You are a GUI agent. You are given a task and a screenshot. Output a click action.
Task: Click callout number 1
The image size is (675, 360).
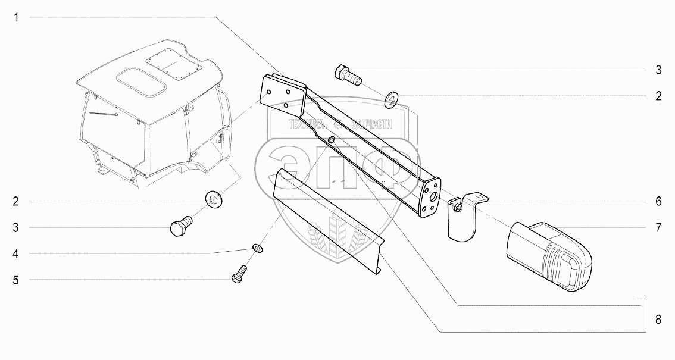point(17,18)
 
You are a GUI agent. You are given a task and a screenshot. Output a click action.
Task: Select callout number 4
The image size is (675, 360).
point(17,253)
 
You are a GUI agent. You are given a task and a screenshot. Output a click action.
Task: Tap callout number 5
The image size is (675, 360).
point(17,279)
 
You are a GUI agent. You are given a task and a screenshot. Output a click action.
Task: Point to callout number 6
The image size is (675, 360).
point(658,201)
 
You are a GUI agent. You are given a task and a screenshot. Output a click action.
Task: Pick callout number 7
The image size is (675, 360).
point(658,227)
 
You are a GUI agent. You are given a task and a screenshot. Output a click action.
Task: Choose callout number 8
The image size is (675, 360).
point(658,320)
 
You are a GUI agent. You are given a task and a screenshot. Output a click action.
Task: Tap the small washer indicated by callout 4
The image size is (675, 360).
point(257,248)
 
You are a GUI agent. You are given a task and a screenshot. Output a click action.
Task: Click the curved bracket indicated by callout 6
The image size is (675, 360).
point(464,217)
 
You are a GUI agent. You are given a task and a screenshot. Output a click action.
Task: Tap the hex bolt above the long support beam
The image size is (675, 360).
point(348,76)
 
